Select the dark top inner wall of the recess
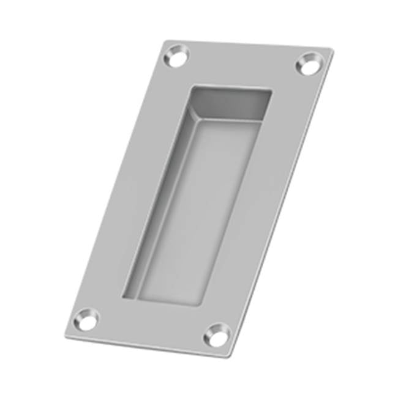pyautogui.click(x=230, y=101)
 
